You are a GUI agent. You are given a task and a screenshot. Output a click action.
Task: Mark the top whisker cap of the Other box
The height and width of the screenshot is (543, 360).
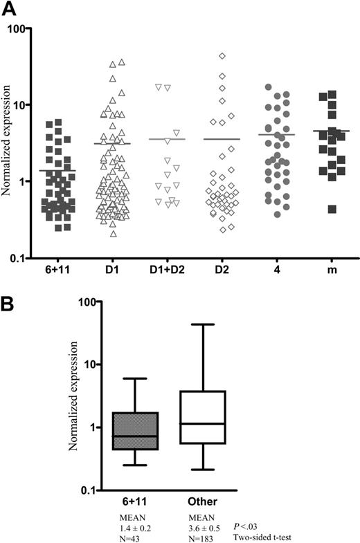click(203, 324)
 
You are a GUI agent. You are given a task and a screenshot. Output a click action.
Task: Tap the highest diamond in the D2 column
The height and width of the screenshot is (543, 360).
click(222, 56)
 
